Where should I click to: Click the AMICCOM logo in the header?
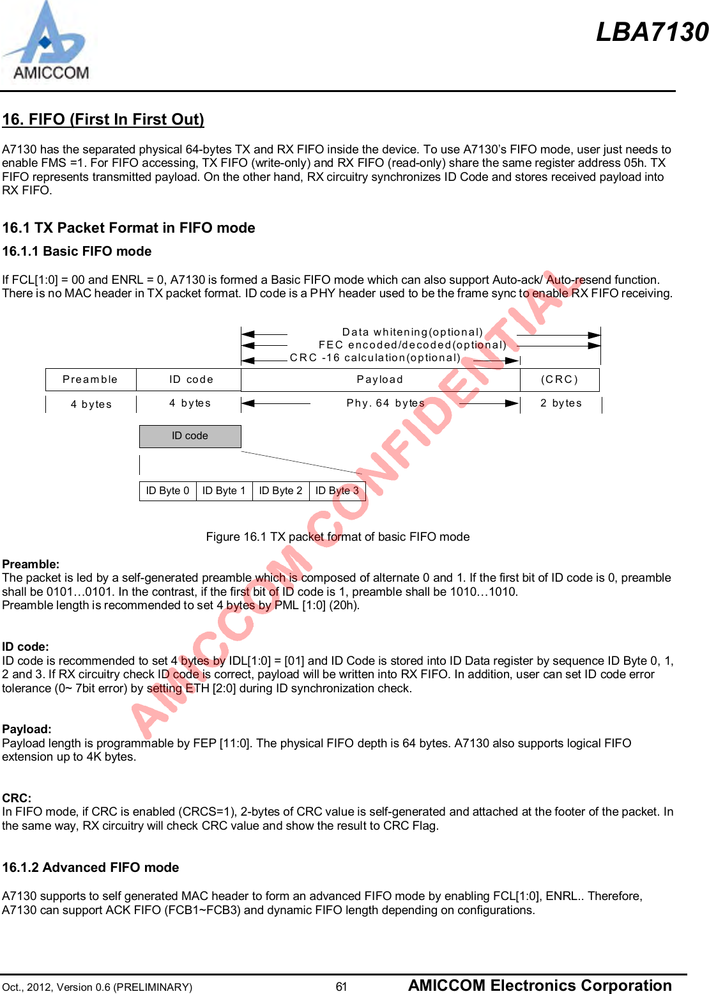(x=47, y=42)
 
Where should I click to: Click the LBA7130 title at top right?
(x=652, y=32)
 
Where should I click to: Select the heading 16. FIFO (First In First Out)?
(x=103, y=120)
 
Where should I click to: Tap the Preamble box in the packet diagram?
(x=90, y=380)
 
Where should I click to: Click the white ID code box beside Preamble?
(x=190, y=380)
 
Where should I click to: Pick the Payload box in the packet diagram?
(x=380, y=380)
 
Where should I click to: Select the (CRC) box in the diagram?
(x=560, y=380)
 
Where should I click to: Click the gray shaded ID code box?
(x=190, y=436)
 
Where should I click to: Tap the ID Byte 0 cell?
(x=167, y=491)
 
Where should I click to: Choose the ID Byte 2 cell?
(x=280, y=491)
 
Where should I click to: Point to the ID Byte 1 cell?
(x=224, y=491)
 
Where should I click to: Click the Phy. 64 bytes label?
(x=385, y=403)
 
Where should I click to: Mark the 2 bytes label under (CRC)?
(x=561, y=403)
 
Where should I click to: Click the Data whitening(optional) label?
(x=413, y=332)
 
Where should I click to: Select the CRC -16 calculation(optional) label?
(x=375, y=358)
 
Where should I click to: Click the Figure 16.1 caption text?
(x=337, y=537)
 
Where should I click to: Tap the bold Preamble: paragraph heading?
(x=31, y=564)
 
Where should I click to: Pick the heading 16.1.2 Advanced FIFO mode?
(x=90, y=867)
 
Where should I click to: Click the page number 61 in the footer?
(x=342, y=986)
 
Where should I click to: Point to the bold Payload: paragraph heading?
(x=27, y=729)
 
